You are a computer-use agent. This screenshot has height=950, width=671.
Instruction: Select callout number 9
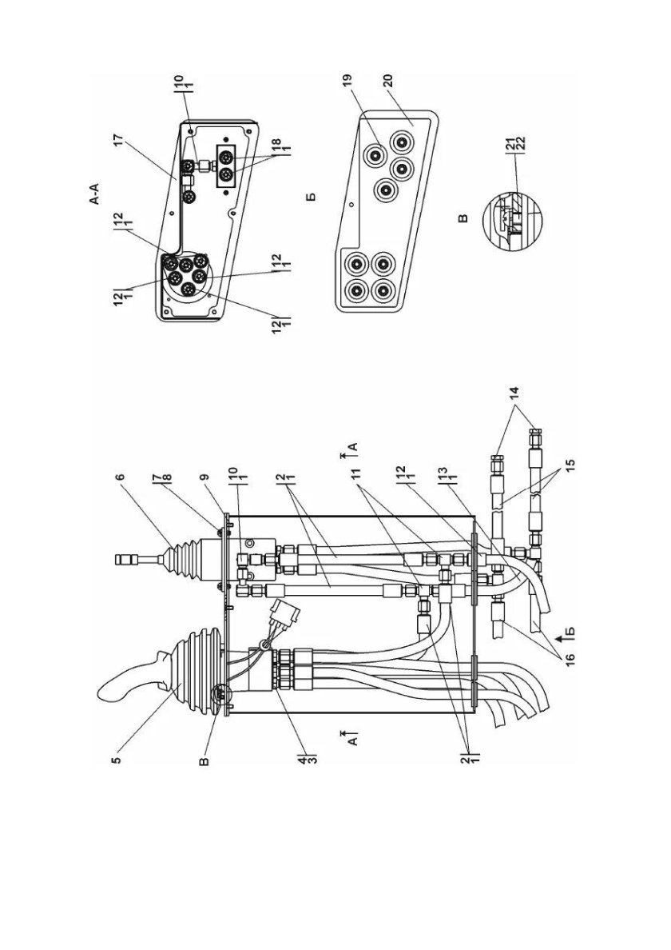[205, 478]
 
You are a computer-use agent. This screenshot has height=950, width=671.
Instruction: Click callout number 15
[570, 464]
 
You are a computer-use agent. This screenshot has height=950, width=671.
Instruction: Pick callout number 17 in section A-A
[118, 139]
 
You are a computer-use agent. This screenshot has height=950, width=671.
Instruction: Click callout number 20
[388, 82]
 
